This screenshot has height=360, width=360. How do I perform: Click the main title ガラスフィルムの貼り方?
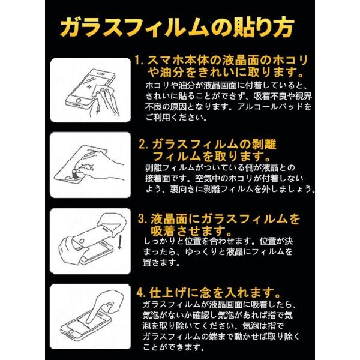pos(177,27)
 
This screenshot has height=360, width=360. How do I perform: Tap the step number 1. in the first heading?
pos(140,61)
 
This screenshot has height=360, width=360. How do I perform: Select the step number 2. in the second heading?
pos(144,145)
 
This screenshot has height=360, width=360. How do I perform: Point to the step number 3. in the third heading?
pos(143,219)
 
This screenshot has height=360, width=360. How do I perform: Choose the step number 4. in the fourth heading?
pos(142,293)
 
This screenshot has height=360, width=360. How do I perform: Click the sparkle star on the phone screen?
pos(90,88)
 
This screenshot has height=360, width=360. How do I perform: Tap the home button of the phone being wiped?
pos(79,101)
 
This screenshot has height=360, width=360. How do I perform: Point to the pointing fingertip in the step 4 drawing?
pos(92,321)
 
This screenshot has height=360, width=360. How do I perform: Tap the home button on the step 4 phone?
pos(70,332)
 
